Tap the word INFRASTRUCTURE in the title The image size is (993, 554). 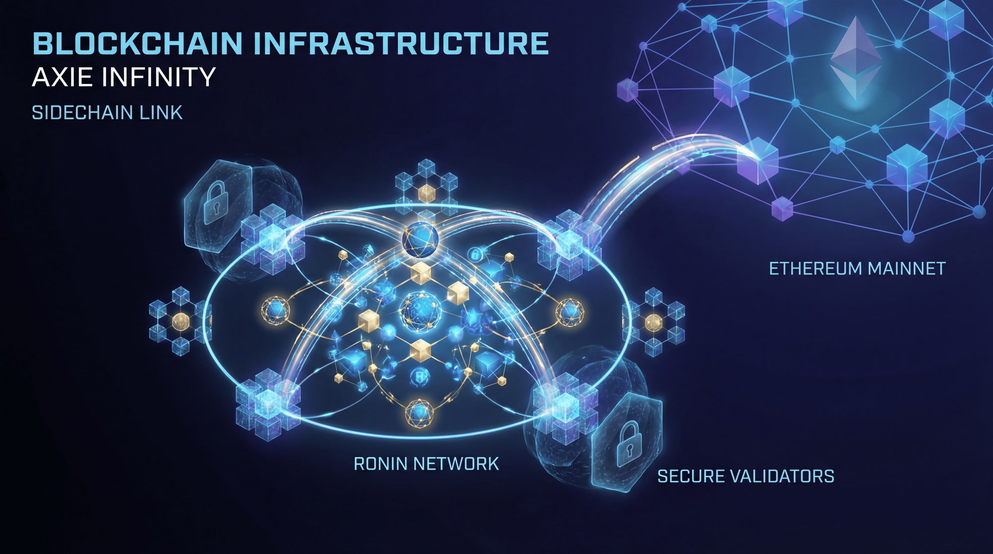(x=401, y=44)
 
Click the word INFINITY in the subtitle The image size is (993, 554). (x=158, y=77)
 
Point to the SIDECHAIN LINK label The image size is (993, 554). (x=107, y=113)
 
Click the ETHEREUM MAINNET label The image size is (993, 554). (x=857, y=269)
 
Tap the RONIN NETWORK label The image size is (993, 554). (x=426, y=464)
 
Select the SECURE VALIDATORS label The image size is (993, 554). (x=745, y=476)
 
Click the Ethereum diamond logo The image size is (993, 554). (x=855, y=60)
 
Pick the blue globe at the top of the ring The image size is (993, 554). (x=420, y=239)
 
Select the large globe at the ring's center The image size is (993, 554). (x=420, y=312)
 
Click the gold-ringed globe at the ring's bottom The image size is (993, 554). (x=420, y=413)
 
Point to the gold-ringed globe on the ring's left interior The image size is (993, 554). (x=275, y=311)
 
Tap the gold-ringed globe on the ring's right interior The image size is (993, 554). (x=569, y=312)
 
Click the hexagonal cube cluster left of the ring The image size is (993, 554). (x=180, y=321)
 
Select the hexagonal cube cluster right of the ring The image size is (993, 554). (x=653, y=322)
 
